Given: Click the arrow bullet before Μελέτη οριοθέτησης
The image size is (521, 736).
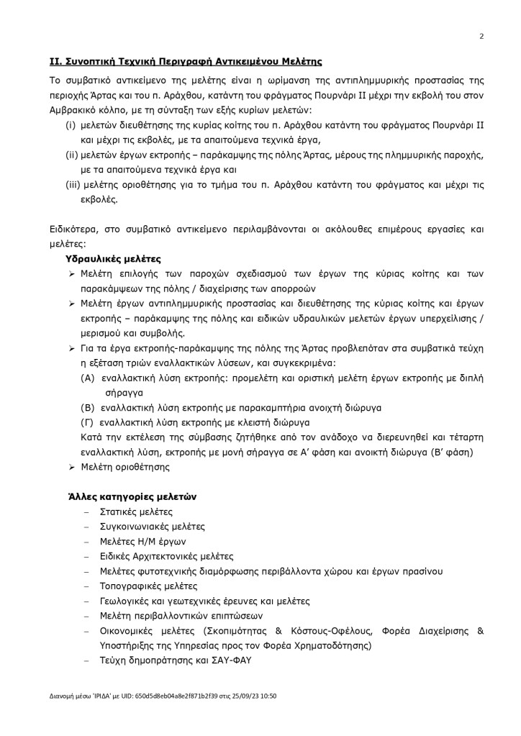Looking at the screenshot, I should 73,467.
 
